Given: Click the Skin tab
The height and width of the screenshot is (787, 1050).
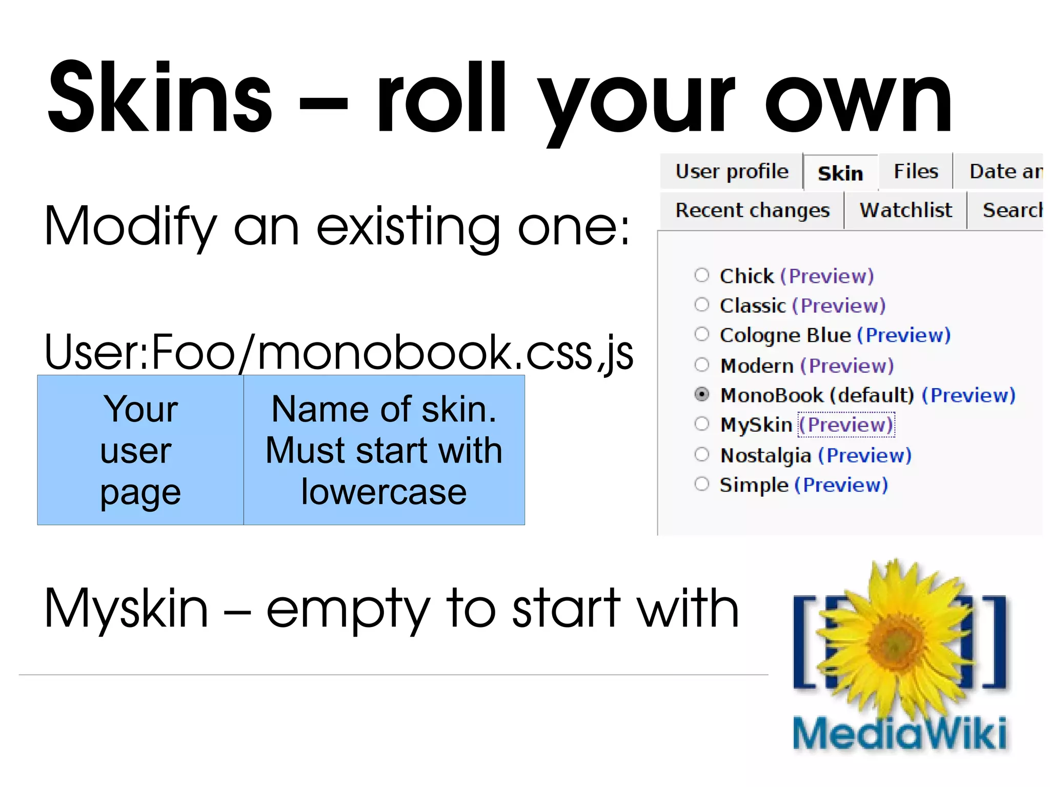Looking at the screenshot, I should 840,173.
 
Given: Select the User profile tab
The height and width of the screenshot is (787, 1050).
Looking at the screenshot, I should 732,171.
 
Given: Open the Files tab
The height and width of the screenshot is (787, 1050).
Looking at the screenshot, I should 916,171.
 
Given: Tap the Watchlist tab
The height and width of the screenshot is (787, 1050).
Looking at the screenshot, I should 905,210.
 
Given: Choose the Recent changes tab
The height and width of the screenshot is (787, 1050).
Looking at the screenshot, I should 752,210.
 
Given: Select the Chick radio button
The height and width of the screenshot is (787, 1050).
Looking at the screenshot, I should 701,275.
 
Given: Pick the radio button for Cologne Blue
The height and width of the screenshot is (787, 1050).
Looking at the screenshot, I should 701,334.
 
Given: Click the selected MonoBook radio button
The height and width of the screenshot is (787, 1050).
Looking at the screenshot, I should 701,394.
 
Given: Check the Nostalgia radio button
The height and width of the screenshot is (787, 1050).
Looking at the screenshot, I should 701,454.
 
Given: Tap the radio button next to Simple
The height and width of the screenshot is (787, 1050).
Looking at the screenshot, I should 701,483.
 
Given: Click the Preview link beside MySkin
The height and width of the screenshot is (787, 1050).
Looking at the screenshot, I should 846,425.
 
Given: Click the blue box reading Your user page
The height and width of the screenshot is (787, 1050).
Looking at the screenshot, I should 140,450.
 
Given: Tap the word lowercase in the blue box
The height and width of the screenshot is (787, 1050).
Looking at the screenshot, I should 383,492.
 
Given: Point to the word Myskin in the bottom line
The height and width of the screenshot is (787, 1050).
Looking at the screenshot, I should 126,609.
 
